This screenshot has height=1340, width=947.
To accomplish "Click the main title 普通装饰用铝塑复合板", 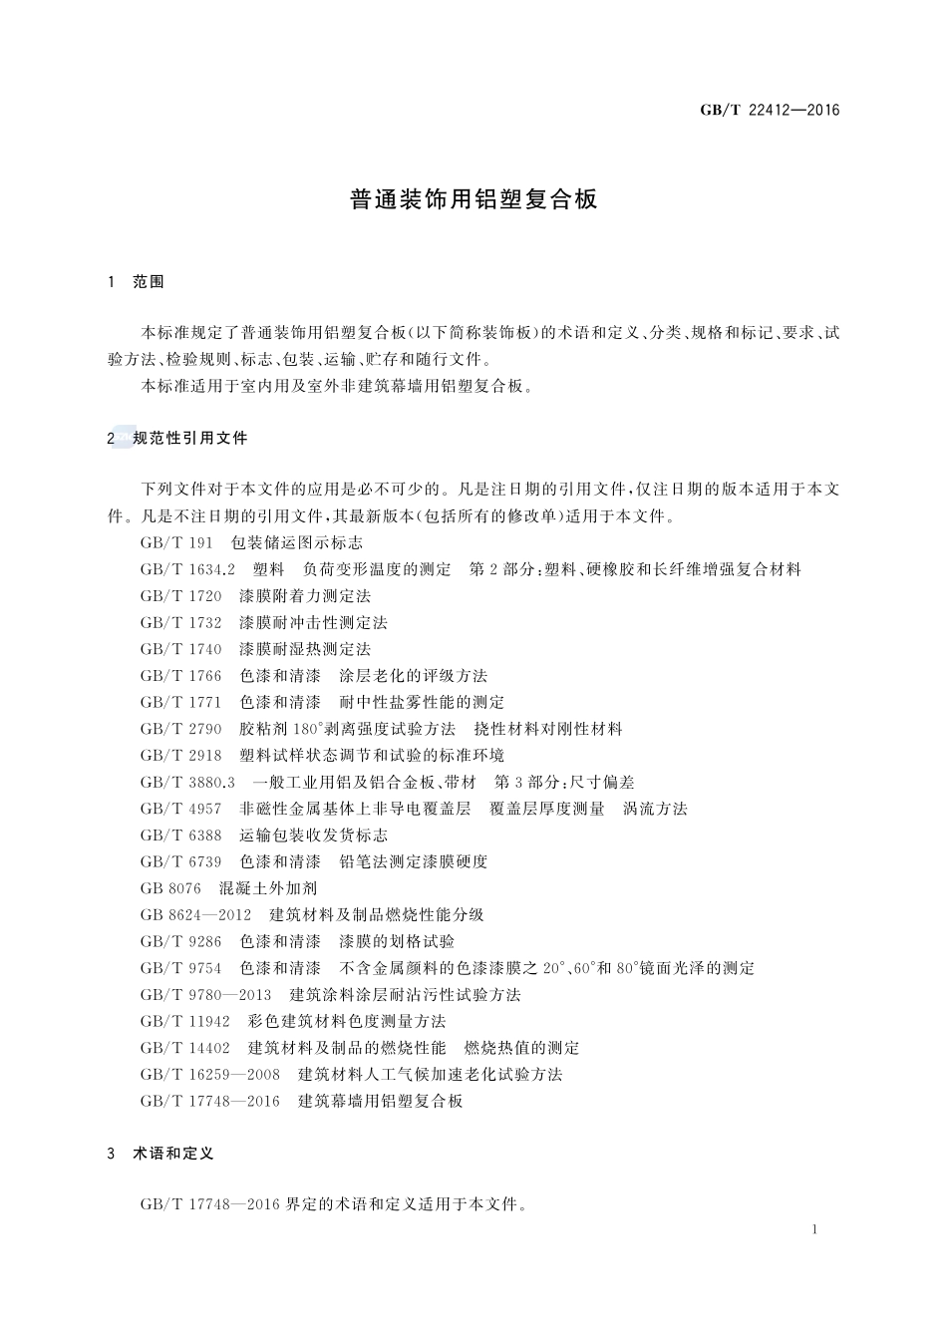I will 473,199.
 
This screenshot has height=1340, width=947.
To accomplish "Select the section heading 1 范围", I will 136,282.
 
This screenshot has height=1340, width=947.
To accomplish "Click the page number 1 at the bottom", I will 814,1229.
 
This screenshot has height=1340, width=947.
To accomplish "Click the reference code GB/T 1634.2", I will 187,569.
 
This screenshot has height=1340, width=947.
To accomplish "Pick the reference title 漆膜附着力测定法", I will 305,596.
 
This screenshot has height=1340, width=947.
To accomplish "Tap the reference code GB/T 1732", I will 181,623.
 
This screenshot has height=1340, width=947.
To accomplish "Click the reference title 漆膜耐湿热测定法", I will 305,649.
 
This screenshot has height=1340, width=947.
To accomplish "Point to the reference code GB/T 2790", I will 181,729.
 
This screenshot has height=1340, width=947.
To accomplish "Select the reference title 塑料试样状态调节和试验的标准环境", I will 372,756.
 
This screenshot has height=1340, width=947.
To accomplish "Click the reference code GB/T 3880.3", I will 187,782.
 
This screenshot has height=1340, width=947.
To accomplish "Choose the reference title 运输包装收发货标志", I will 314,836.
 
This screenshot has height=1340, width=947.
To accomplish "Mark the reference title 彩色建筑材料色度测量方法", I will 347,1021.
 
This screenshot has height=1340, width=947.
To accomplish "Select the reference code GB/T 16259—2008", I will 210,1075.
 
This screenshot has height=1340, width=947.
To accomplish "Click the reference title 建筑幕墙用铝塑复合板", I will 381,1101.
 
